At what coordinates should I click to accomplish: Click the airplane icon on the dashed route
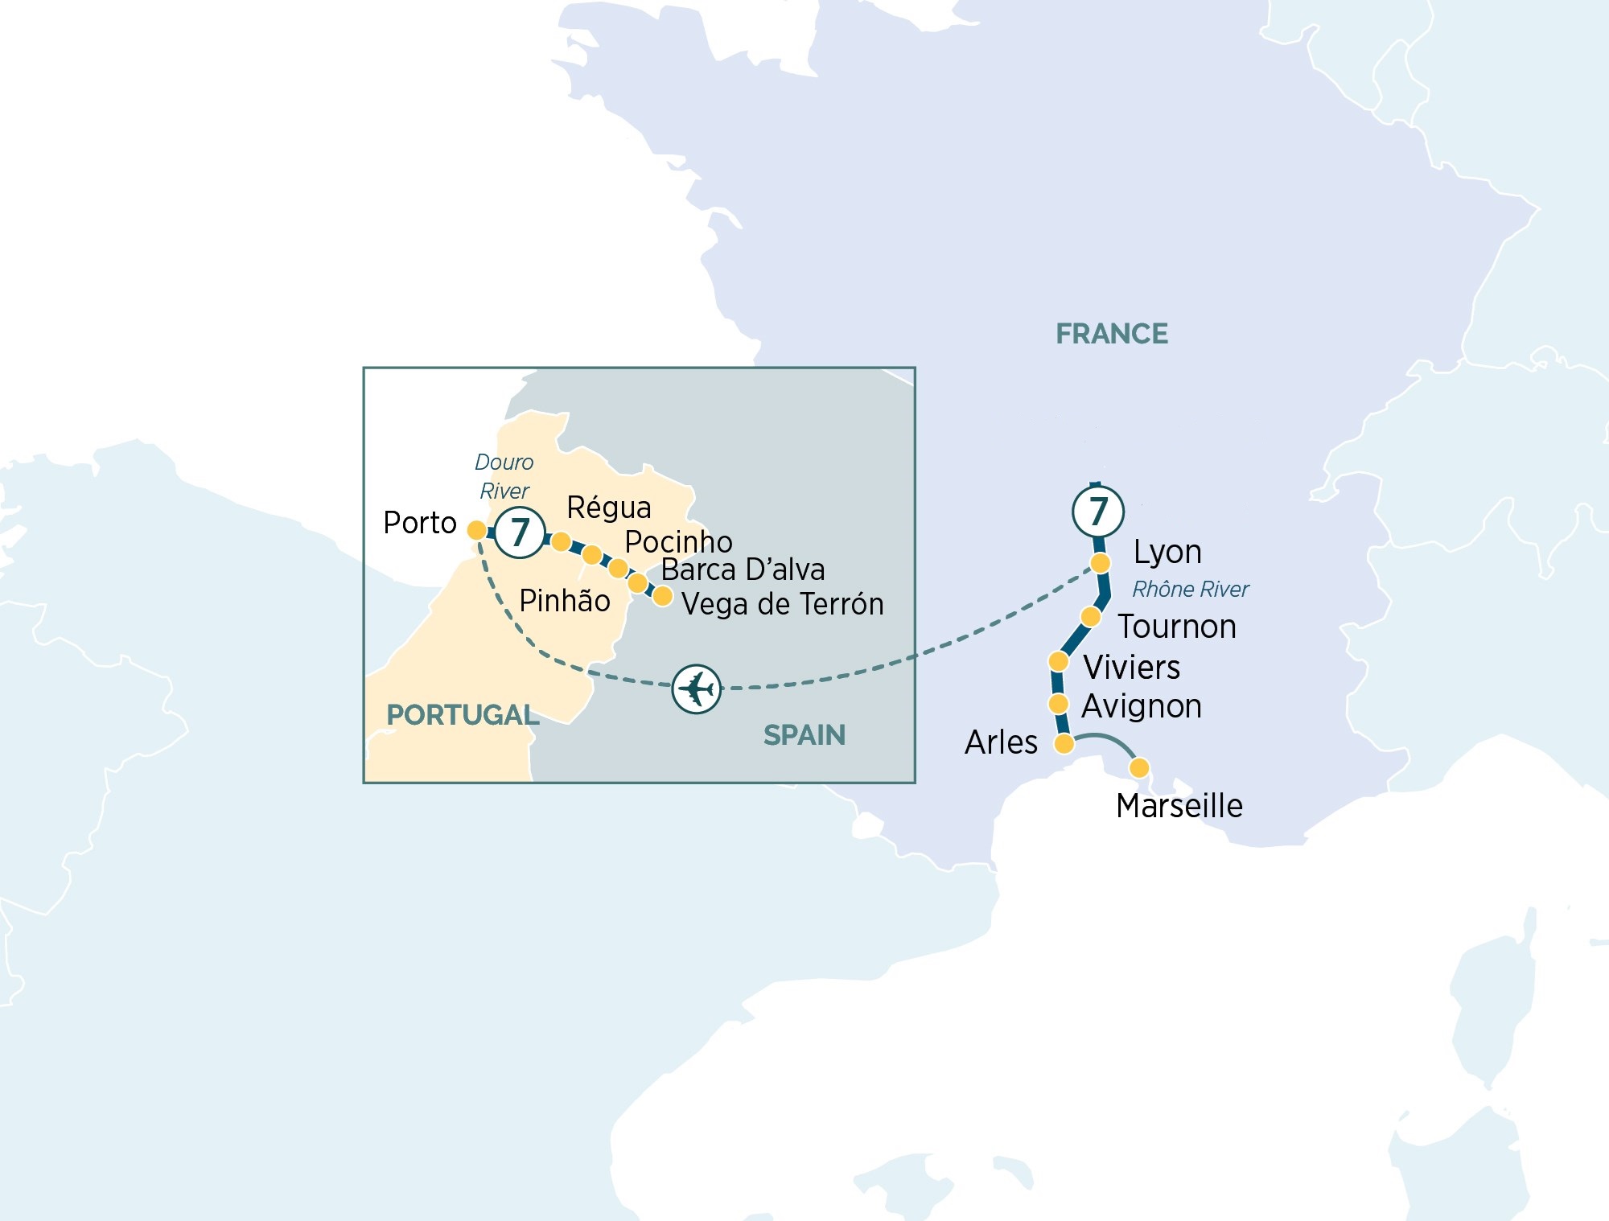[696, 689]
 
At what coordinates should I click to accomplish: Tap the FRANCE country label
[1111, 334]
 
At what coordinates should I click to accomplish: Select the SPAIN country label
[804, 735]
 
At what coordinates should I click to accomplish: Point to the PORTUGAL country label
[463, 715]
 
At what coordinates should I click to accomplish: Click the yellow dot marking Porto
[476, 530]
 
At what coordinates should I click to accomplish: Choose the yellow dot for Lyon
[1100, 562]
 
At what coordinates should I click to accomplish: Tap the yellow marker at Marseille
[1139, 768]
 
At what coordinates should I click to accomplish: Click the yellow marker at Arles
[1064, 743]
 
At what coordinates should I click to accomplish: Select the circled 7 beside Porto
[520, 532]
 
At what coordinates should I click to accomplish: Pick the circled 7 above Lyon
[1098, 511]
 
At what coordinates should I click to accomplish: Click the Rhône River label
[1190, 590]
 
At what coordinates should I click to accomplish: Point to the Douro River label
[504, 476]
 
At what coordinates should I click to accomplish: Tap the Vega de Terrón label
[782, 604]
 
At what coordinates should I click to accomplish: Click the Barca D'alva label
[743, 569]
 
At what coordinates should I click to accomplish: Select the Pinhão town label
[564, 601]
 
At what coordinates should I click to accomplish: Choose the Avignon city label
[1141, 706]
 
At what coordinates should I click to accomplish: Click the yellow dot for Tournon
[1090, 617]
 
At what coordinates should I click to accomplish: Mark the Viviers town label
[1131, 668]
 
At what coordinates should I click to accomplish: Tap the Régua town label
[608, 508]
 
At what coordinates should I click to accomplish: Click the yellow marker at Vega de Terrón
[662, 596]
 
